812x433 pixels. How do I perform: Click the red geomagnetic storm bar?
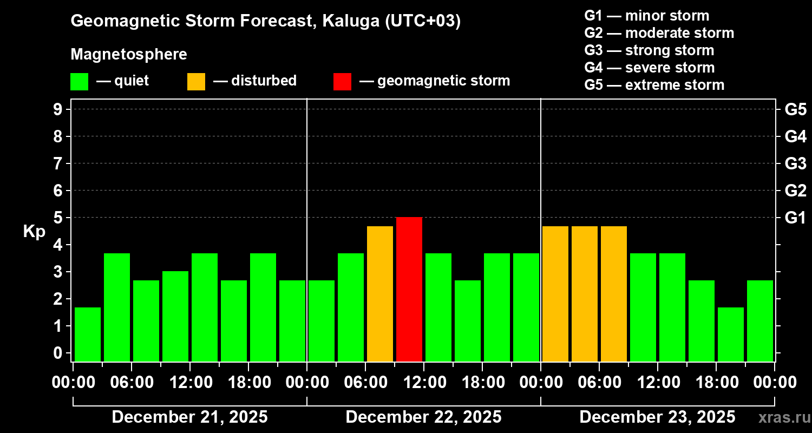coord(409,289)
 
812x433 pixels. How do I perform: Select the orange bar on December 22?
coord(380,293)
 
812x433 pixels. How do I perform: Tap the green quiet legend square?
coord(79,81)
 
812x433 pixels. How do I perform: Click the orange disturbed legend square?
coord(196,81)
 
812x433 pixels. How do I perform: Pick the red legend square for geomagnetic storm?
coord(342,81)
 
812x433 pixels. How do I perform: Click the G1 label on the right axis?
coord(795,218)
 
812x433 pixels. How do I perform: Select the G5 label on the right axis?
coord(795,109)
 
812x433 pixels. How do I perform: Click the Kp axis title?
coord(34,231)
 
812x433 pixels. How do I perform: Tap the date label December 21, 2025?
coord(189,417)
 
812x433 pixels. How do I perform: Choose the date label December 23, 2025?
coord(657,417)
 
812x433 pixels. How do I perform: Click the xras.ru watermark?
coord(782,418)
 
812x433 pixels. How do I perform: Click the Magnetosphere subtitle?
coord(129,55)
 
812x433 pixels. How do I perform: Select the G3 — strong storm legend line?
coord(649,50)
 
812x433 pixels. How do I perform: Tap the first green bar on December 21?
coord(88,334)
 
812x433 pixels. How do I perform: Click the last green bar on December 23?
coord(760,320)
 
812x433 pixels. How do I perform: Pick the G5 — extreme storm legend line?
coord(654,85)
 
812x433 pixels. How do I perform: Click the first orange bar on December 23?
coord(555,293)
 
